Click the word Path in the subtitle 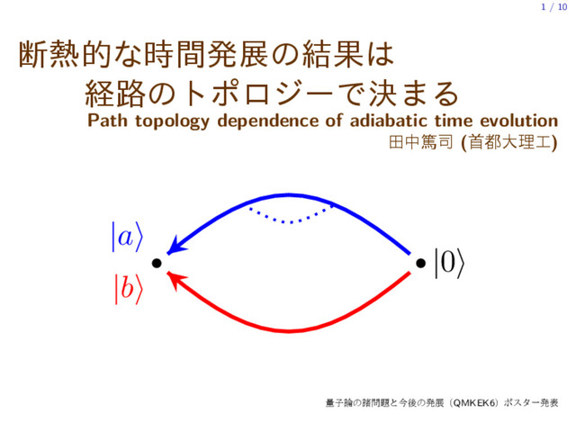click(106, 121)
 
